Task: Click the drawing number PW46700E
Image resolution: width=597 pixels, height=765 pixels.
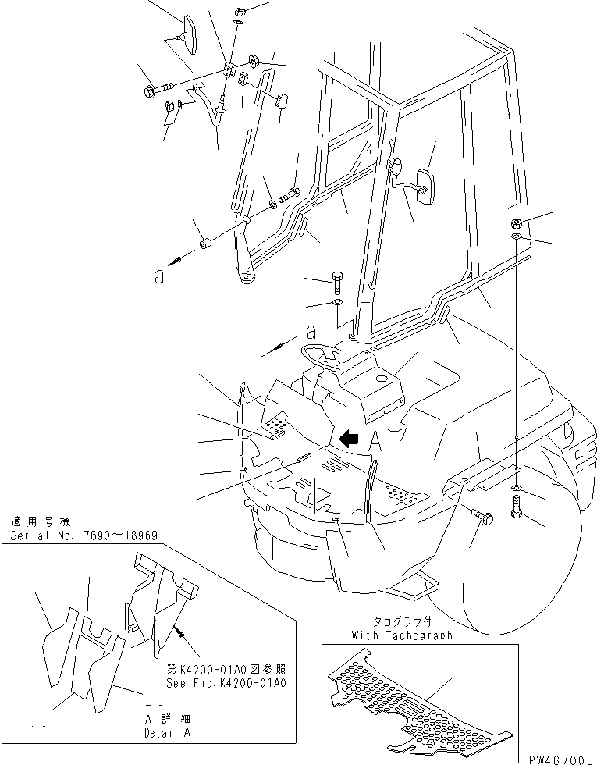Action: (x=556, y=758)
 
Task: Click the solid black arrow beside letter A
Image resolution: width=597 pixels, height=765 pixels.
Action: (x=348, y=440)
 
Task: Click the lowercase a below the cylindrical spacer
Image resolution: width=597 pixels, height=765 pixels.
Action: (x=159, y=277)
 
